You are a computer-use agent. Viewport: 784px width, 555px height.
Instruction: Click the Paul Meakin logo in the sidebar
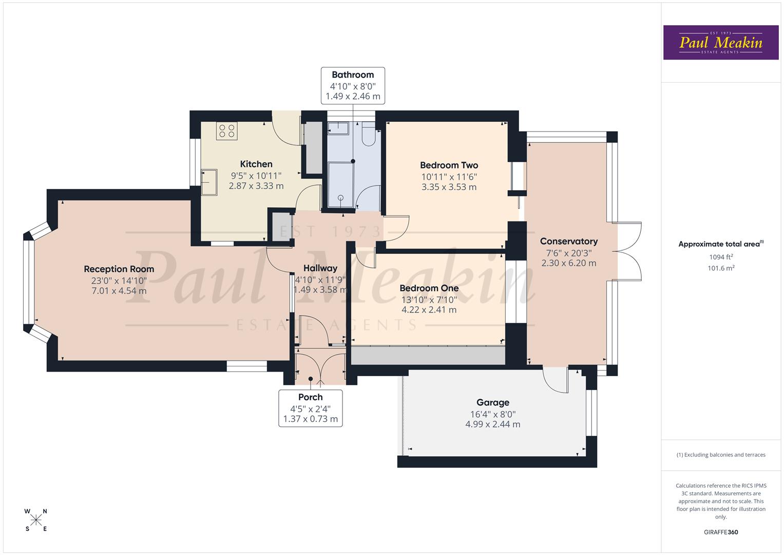point(720,43)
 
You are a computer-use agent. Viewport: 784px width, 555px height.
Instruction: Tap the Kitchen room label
point(256,164)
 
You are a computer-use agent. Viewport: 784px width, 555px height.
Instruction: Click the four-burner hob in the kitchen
point(226,131)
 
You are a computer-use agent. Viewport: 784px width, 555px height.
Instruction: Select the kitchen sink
point(209,182)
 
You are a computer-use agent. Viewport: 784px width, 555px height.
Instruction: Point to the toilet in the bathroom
point(369,135)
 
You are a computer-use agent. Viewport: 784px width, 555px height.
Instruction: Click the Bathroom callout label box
point(353,85)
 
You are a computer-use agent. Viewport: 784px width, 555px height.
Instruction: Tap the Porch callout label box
point(310,408)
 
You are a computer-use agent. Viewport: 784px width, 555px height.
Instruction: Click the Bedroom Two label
point(449,165)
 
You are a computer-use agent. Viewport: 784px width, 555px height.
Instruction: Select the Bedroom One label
point(429,288)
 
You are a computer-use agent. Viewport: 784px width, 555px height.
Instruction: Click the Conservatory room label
point(568,242)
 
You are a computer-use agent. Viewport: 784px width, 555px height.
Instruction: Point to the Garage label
point(492,403)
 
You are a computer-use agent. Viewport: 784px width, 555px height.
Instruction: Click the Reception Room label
point(119,269)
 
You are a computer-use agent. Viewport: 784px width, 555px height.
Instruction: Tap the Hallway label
point(320,268)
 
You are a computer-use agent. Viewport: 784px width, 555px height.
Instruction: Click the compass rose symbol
point(36,520)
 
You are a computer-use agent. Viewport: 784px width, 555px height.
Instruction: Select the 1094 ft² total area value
point(720,257)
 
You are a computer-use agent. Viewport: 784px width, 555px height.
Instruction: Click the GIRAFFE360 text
point(720,532)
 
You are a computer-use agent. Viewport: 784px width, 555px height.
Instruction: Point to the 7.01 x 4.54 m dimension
point(119,291)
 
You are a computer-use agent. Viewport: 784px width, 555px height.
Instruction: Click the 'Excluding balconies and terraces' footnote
point(720,455)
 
